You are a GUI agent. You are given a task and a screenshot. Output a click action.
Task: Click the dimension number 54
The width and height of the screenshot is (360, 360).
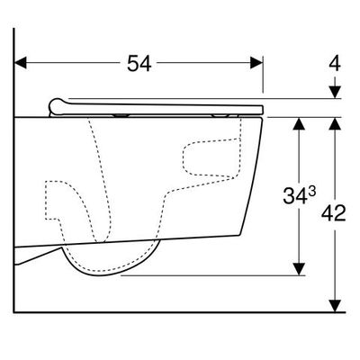click(139, 63)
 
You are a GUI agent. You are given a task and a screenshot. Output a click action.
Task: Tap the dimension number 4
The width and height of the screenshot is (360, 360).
click(335, 63)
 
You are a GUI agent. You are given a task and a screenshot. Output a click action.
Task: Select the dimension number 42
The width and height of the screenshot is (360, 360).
click(334, 213)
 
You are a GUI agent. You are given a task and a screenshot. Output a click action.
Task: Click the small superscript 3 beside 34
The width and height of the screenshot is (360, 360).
click(312, 191)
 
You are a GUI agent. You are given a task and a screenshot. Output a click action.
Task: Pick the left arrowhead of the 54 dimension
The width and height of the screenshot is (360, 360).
click(21, 63)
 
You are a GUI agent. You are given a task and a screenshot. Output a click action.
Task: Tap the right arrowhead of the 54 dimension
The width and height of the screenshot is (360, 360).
click(256, 63)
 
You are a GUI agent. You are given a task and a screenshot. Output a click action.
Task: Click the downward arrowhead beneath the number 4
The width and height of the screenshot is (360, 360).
click(335, 92)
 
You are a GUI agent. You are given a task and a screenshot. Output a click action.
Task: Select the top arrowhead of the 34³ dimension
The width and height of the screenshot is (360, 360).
click(299, 123)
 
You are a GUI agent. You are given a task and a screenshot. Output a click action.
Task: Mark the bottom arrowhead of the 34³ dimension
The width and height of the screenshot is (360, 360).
click(299, 269)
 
